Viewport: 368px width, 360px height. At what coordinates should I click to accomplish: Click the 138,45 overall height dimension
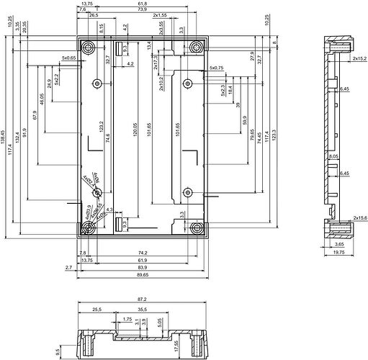(4, 133)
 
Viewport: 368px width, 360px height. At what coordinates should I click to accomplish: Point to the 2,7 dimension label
(68, 267)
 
